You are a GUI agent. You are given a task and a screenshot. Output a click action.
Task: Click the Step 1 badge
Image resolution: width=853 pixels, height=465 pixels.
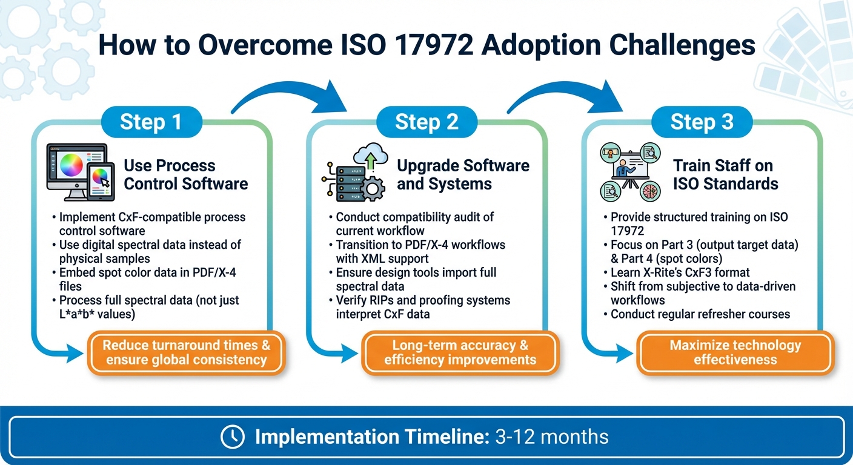[151, 122]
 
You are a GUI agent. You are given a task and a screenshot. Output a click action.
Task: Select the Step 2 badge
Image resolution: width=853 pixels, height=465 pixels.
[426, 122]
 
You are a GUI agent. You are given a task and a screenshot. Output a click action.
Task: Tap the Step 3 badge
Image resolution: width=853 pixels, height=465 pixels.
[702, 122]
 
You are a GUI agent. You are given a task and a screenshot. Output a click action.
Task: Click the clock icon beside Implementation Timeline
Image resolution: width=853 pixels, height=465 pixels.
[233, 437]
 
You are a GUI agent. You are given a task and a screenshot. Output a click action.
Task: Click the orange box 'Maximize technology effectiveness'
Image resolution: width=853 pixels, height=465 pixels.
[735, 352]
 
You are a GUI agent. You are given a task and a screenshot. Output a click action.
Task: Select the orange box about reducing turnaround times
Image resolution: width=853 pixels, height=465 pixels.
[186, 352]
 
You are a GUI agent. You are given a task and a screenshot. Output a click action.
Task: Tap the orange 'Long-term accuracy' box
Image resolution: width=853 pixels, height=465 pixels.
[460, 352]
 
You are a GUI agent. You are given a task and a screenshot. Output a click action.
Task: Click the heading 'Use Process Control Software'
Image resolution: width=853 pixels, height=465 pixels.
[185, 174]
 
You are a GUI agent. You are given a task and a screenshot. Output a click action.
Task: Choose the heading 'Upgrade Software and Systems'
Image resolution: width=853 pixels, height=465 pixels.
[463, 174]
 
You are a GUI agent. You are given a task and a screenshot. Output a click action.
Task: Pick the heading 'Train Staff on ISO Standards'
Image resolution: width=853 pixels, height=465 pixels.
[725, 174]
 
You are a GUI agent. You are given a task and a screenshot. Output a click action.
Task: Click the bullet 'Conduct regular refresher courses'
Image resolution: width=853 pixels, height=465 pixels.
[700, 314]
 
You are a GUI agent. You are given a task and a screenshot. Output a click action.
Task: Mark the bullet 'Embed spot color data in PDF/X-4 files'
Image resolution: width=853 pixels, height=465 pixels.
[147, 279]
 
